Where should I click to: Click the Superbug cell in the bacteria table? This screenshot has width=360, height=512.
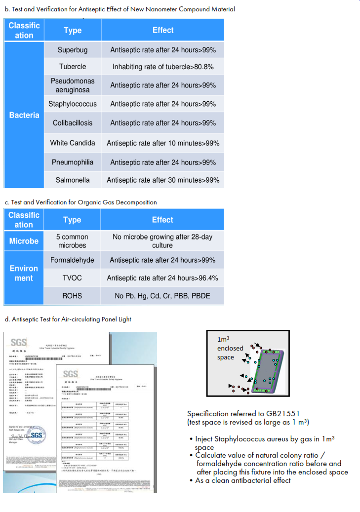pyautogui.click(x=73, y=50)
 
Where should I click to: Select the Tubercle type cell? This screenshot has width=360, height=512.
pyautogui.click(x=73, y=67)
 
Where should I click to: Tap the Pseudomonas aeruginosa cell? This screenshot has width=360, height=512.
pyautogui.click(x=73, y=85)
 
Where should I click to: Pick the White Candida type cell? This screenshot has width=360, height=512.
pyautogui.click(x=73, y=143)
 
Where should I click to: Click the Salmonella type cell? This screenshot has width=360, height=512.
pyautogui.click(x=73, y=180)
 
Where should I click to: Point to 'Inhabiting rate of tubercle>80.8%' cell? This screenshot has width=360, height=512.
pyautogui.click(x=163, y=67)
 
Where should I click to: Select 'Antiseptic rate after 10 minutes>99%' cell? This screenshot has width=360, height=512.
pyautogui.click(x=163, y=143)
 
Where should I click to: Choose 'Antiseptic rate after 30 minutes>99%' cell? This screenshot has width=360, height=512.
pyautogui.click(x=163, y=180)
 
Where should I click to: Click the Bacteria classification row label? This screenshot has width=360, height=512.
pyautogui.click(x=24, y=115)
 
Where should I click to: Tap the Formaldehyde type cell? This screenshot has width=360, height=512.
pyautogui.click(x=72, y=260)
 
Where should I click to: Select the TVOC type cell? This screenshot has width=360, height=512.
pyautogui.click(x=72, y=278)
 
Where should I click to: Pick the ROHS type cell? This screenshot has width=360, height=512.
pyautogui.click(x=72, y=296)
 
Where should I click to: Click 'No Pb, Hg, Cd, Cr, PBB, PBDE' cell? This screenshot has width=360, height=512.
pyautogui.click(x=162, y=296)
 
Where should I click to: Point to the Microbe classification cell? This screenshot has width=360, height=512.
pyautogui.click(x=24, y=241)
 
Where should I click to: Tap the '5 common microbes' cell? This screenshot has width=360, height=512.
pyautogui.click(x=72, y=241)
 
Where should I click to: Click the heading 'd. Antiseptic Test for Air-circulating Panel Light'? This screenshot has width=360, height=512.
pyautogui.click(x=68, y=319)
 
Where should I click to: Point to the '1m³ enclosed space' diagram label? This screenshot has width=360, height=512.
pyautogui.click(x=230, y=348)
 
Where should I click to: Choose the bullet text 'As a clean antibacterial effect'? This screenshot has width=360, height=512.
pyautogui.click(x=242, y=480)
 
